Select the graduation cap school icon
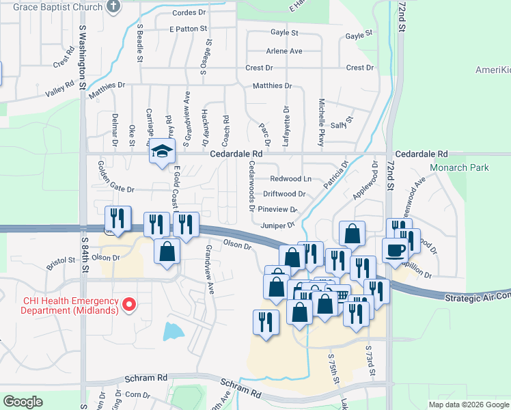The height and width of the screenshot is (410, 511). (163, 152)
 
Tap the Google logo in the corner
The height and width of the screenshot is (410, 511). (23, 401)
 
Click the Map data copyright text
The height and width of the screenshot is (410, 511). (469, 405)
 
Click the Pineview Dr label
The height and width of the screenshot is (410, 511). (279, 210)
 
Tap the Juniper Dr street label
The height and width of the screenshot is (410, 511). (277, 225)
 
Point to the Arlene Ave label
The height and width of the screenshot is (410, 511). (284, 51)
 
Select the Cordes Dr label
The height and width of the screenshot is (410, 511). (189, 13)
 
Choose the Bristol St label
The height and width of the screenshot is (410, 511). (61, 260)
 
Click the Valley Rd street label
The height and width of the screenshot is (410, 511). (59, 90)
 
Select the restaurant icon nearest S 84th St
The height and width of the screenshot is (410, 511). (118, 219)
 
